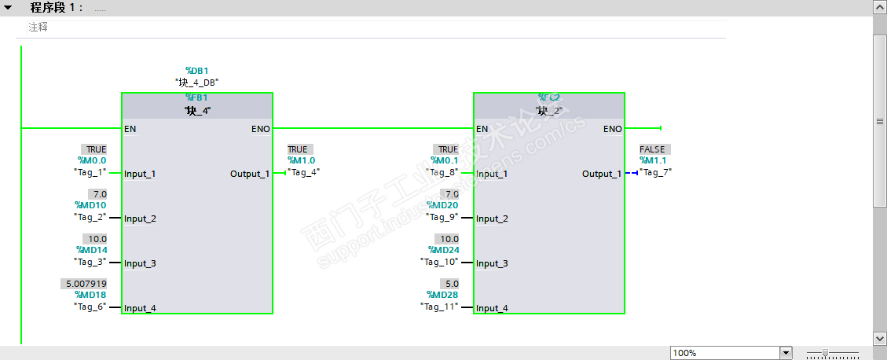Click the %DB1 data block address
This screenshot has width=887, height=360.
pos(196,71)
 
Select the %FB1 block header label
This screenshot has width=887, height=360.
pos(196,98)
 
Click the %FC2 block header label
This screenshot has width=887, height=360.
pos(548,98)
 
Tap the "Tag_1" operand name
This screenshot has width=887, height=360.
pos(90,172)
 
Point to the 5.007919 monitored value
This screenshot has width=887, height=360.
pos(83,283)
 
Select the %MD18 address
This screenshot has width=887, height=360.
pos(90,295)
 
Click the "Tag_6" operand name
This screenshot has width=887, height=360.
pos(90,307)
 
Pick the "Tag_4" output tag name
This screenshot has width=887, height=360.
pos(303,172)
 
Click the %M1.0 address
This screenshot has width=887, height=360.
pos(301,160)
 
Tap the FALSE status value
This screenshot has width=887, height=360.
pos(652,149)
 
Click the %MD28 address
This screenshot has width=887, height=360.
pos(442,295)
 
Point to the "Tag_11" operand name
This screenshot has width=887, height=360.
pos(439,307)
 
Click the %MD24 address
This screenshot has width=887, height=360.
pos(442,250)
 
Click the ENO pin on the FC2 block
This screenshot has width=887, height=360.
pos(612,129)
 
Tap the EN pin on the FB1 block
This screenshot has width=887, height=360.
pos(130,129)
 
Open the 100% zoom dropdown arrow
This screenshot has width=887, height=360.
pos(786,353)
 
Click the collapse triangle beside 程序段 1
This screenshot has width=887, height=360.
pos(9,7)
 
